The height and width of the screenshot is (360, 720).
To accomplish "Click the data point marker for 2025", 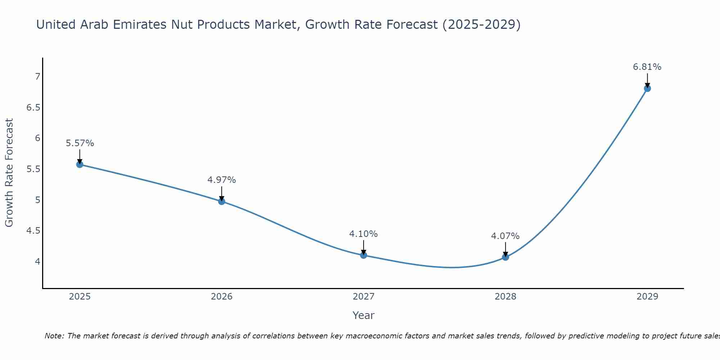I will (80, 165).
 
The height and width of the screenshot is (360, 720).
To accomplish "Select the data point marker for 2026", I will (222, 201).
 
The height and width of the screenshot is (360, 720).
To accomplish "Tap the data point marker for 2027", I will (364, 255).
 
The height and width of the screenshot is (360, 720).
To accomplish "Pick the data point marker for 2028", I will (505, 257).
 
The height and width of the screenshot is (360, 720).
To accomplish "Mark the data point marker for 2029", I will (647, 88).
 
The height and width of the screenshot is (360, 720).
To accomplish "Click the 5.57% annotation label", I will (80, 143).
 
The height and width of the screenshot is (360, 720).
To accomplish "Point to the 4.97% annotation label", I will (222, 180).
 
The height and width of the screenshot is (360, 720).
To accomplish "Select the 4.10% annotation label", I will (364, 234).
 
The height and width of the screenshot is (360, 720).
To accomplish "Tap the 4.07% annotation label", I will (505, 236).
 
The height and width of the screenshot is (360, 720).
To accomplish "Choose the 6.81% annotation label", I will (647, 67).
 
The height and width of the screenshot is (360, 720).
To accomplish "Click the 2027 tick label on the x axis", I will (364, 297).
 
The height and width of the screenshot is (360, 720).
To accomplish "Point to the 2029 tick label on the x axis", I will (647, 297).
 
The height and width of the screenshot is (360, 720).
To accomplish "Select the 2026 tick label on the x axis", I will (222, 297).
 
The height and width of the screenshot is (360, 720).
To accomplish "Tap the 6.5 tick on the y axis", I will (33, 107).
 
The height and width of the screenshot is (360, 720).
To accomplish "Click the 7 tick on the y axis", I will (37, 76).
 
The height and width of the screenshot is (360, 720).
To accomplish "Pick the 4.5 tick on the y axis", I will (33, 230).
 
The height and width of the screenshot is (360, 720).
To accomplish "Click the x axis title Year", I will (364, 315).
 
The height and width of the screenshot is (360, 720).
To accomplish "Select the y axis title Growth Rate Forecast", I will (9, 173).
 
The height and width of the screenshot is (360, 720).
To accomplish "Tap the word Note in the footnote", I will (54, 336).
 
